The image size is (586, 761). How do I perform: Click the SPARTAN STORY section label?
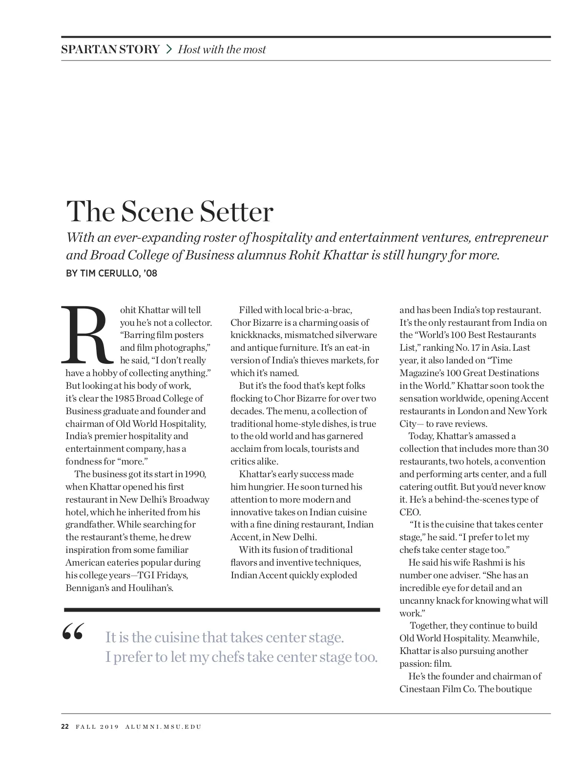pos(110,49)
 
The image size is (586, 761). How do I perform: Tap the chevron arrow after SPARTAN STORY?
pos(169,49)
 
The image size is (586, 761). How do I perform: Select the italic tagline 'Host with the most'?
pos(222,49)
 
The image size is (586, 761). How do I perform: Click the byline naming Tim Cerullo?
pos(111,274)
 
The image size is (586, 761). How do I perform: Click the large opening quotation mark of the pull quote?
pos(73,633)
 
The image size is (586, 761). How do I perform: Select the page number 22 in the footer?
pos(65,727)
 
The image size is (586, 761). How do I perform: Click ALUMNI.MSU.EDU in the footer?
pos(163,727)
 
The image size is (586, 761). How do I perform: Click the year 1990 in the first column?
pos(195,474)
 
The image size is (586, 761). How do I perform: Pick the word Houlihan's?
pos(151,588)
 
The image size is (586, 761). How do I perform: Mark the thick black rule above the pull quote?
pos(222,610)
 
